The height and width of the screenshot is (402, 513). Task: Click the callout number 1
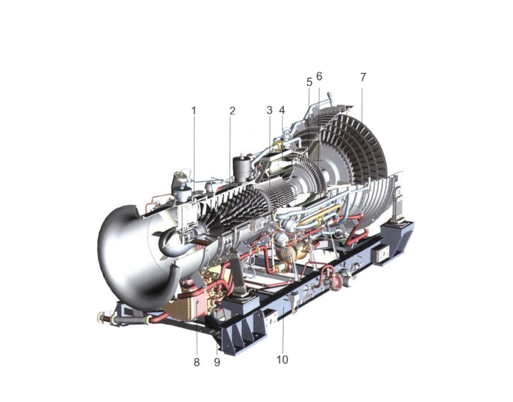coord(194,111)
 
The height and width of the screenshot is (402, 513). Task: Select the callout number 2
coord(232,111)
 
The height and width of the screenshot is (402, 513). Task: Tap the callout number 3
coord(269,110)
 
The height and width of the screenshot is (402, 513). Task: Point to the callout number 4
coord(282,110)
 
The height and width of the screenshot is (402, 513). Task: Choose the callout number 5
coord(309,82)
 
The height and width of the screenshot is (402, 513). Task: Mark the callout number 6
coord(319,76)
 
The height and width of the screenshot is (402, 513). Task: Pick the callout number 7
coord(363,77)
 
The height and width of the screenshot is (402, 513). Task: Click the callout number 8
coord(196,362)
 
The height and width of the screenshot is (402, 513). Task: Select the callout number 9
coord(217,362)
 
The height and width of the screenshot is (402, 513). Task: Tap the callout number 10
coord(283,360)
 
